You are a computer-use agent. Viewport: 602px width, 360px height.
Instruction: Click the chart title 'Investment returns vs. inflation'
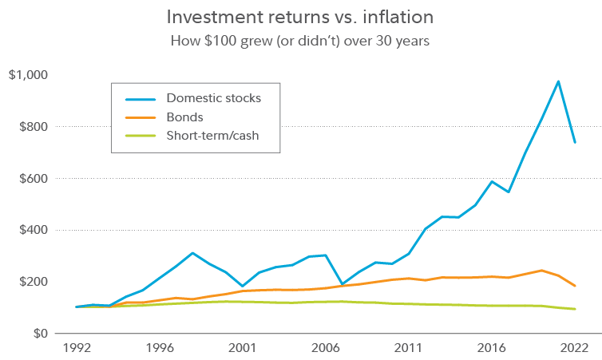pyautogui.click(x=300, y=17)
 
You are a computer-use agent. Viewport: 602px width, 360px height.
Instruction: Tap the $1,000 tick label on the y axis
pyautogui.click(x=29, y=75)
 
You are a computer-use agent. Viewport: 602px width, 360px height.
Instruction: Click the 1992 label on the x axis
pyautogui.click(x=77, y=348)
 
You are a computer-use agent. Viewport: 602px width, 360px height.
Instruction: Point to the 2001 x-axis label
pyautogui.click(x=243, y=348)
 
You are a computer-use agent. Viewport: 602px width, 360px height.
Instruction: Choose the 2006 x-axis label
pyautogui.click(x=326, y=348)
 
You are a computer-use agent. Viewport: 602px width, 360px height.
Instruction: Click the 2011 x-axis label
pyautogui.click(x=409, y=348)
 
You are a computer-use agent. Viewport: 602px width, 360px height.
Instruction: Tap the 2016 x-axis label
pyautogui.click(x=492, y=348)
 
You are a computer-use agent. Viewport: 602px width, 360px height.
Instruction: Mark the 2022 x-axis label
pyautogui.click(x=574, y=348)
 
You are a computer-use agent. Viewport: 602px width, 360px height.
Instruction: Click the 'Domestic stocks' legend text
pyautogui.click(x=213, y=98)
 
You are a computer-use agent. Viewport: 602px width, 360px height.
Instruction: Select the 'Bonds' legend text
pyautogui.click(x=184, y=117)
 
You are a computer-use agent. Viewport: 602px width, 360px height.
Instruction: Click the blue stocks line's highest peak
pyautogui.click(x=558, y=81)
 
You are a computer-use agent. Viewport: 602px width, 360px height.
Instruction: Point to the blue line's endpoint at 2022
pyautogui.click(x=575, y=142)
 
